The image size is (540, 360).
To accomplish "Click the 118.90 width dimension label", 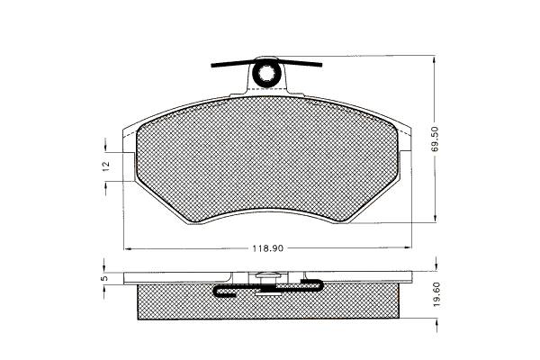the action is tap(268, 248).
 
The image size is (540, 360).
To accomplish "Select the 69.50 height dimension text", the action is tap(435, 139).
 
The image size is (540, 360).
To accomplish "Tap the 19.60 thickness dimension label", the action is tap(437, 294).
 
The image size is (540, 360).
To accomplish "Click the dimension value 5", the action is tap(105, 278).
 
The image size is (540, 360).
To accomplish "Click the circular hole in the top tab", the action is tap(265, 73).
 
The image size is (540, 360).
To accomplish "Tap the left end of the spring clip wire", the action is tap(211, 66).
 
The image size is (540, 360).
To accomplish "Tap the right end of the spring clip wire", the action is tap(321, 65).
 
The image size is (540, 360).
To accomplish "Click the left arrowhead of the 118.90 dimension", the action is tap(127, 248).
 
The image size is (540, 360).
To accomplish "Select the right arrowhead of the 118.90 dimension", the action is tap(408, 247).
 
